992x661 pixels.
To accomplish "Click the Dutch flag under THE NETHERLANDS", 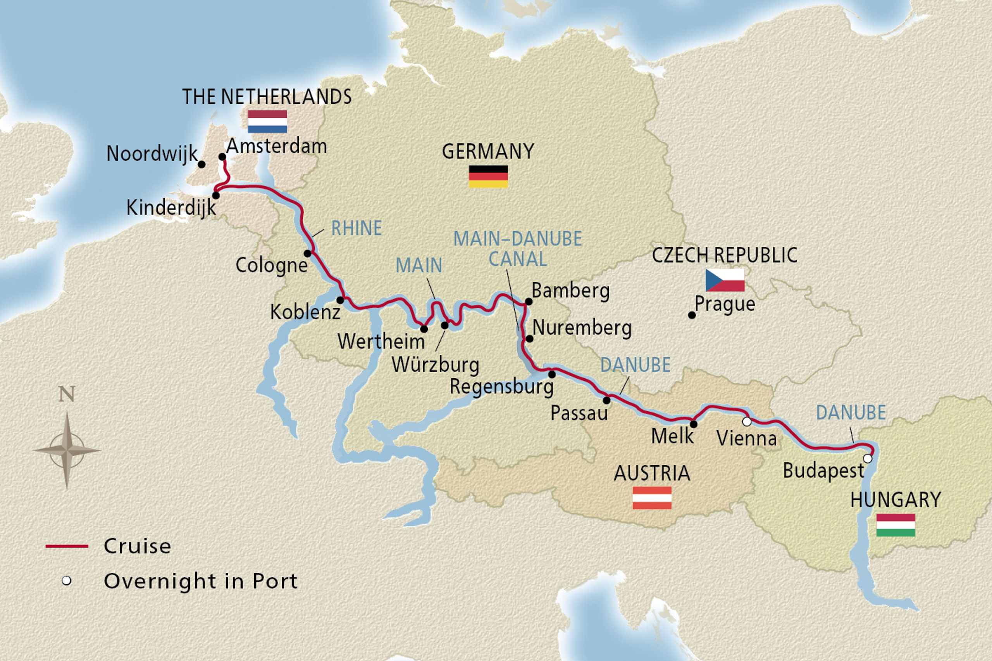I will [267, 122].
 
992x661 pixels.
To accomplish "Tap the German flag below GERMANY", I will [488, 176].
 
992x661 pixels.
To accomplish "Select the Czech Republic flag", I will [725, 280].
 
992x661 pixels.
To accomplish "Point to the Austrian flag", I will [652, 498].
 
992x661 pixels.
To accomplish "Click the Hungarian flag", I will [896, 525].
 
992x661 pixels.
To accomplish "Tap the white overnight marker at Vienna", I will [747, 421].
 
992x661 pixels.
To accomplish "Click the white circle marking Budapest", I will [868, 458].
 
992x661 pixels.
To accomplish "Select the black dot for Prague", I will [692, 315].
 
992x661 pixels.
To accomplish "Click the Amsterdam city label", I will [276, 146].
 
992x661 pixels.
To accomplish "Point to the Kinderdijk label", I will [171, 208].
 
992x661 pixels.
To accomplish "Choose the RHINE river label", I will [356, 228].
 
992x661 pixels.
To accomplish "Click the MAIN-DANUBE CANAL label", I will [518, 249].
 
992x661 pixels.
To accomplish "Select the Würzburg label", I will [435, 365].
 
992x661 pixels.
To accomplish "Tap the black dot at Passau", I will [606, 400].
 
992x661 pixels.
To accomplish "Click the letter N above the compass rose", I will [67, 394].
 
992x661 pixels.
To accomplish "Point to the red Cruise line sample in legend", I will [67, 546].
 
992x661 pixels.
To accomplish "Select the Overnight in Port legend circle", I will [66, 581].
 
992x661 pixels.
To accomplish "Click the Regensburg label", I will [501, 386].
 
